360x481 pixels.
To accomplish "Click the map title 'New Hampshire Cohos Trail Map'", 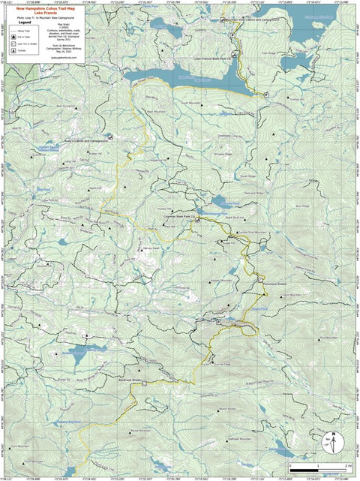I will click(x=46, y=10).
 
